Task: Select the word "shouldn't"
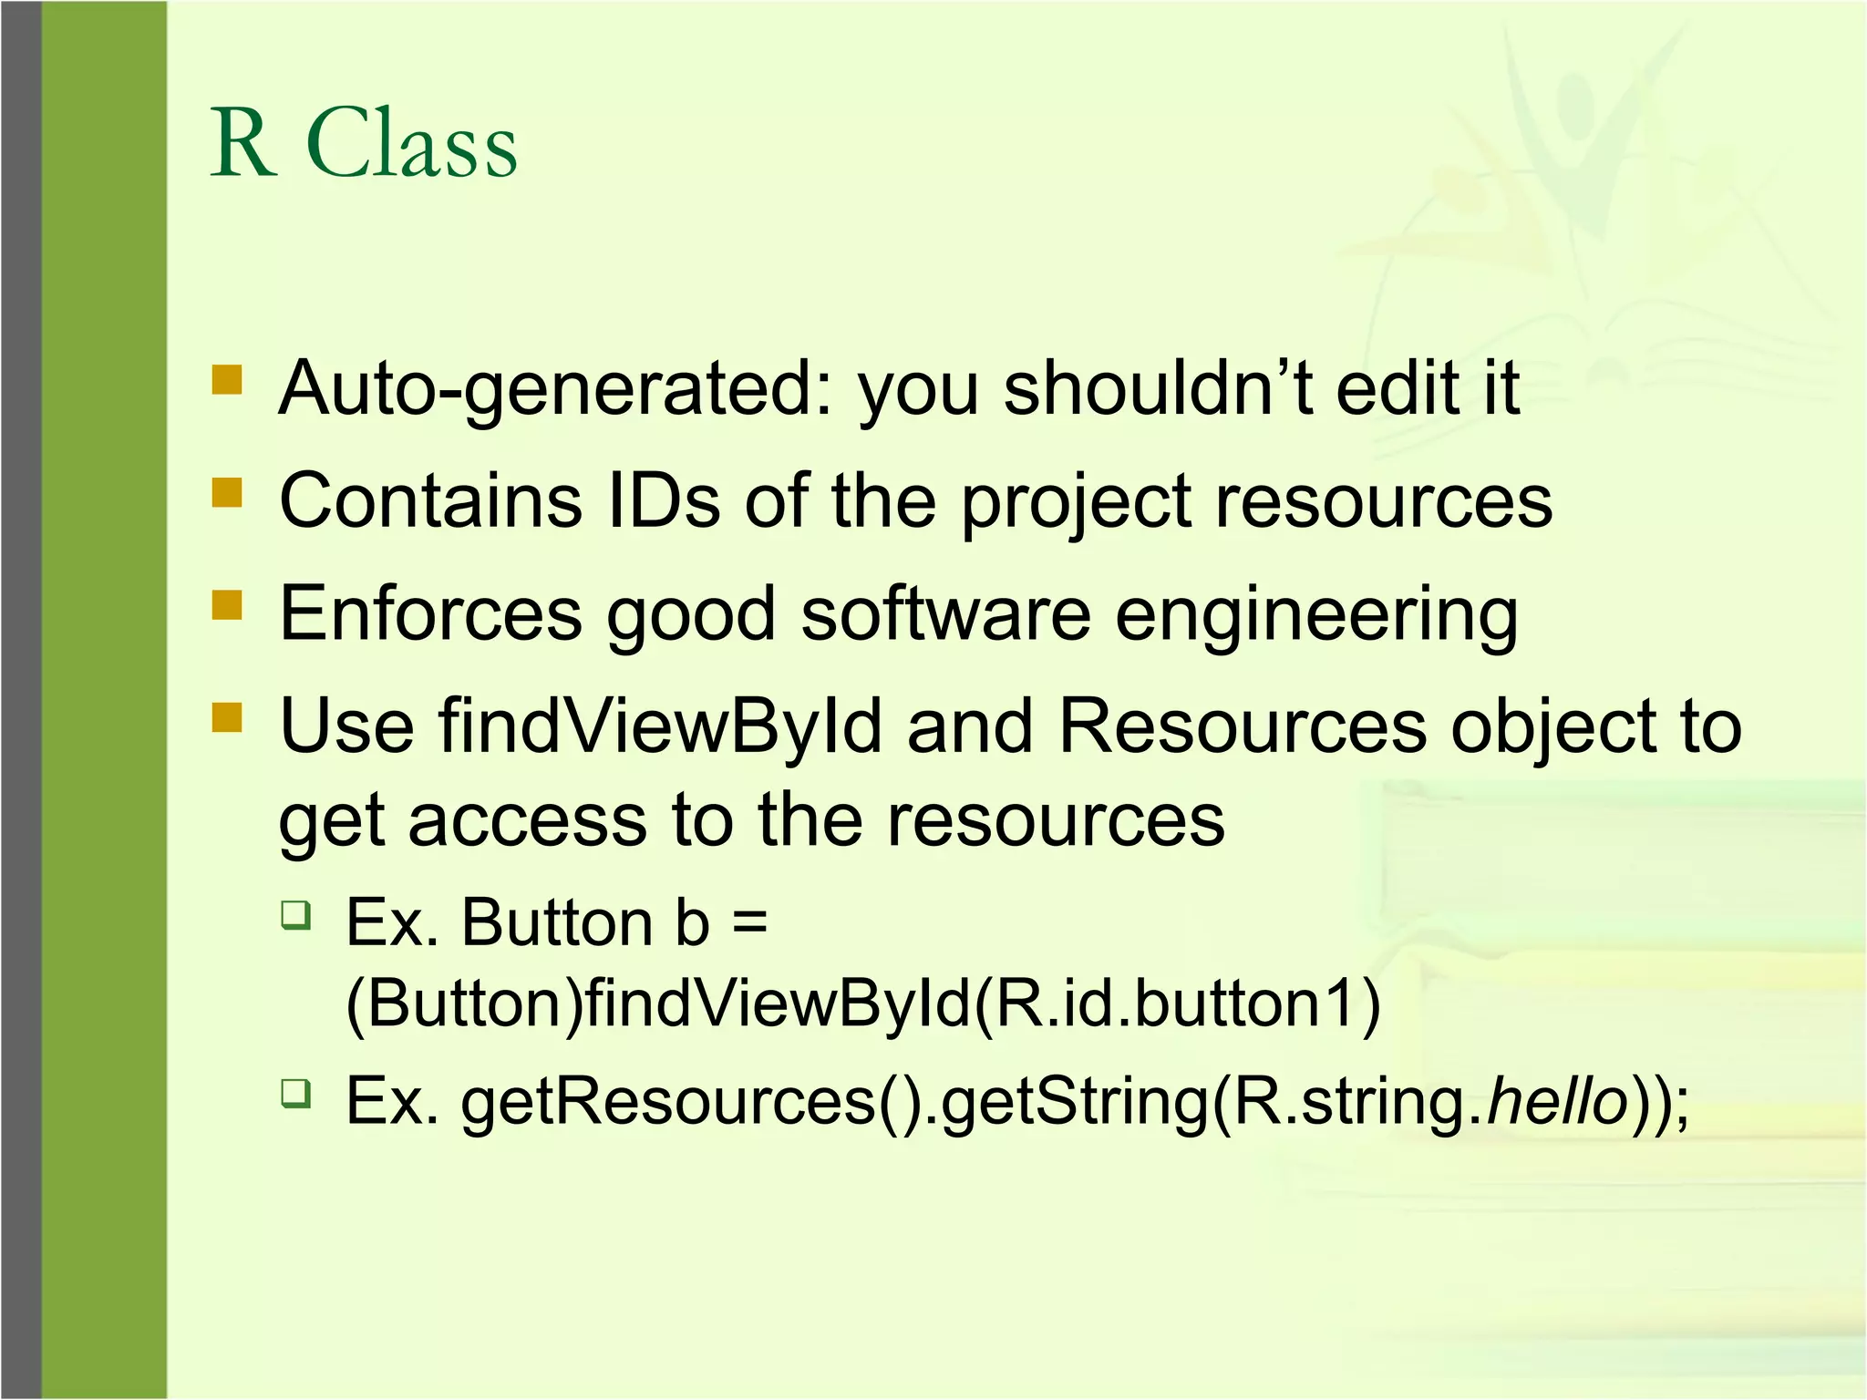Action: (x=1158, y=388)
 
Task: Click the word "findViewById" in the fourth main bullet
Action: (x=660, y=726)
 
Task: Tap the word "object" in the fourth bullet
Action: (x=1563, y=728)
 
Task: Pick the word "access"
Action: (x=527, y=819)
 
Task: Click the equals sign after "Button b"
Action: (x=749, y=922)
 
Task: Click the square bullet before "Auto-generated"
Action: (x=227, y=379)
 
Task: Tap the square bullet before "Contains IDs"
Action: (x=227, y=492)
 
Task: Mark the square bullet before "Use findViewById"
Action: (x=227, y=717)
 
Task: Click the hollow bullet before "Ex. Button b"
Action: (x=295, y=914)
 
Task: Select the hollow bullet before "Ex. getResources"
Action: (x=295, y=1092)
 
